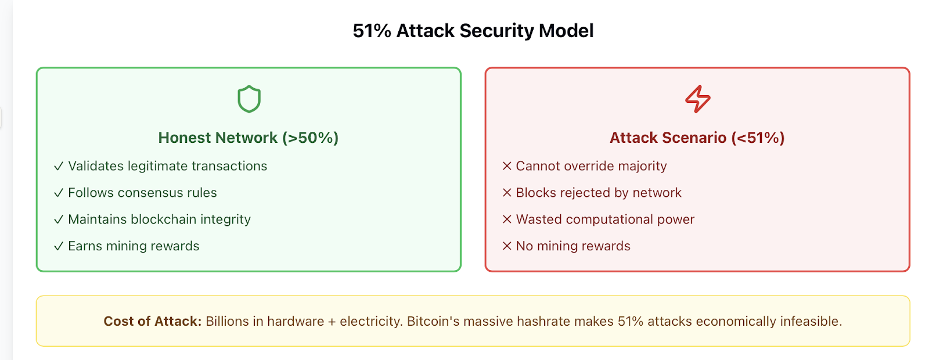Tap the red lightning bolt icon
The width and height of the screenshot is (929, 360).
(x=697, y=99)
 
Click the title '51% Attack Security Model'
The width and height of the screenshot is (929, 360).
(x=473, y=31)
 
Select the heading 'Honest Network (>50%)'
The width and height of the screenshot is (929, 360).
(x=249, y=138)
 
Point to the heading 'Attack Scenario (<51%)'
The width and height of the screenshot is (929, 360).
(x=697, y=138)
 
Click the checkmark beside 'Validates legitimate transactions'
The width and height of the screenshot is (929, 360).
(x=59, y=166)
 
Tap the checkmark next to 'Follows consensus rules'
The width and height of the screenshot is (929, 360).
(x=59, y=193)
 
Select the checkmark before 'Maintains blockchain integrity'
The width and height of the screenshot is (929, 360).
(x=59, y=219)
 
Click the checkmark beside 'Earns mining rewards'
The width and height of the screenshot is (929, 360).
(x=59, y=246)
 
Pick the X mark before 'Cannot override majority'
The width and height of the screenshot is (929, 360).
(x=507, y=166)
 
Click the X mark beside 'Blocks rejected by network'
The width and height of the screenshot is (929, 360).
(x=507, y=192)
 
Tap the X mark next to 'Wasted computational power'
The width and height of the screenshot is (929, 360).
(x=507, y=219)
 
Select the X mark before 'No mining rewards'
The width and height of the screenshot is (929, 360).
(x=507, y=246)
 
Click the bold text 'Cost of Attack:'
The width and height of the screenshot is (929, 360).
(x=153, y=322)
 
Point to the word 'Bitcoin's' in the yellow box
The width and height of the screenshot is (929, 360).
(x=433, y=322)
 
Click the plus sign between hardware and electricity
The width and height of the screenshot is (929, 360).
(x=332, y=322)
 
